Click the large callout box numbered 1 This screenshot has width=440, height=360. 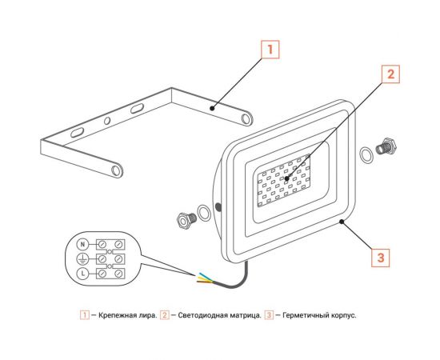pyautogui.click(x=270, y=50)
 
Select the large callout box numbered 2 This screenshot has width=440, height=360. pyautogui.click(x=390, y=74)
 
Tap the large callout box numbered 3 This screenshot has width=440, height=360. pyautogui.click(x=381, y=258)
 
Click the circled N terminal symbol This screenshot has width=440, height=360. pyautogui.click(x=82, y=244)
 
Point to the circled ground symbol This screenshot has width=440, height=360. pyautogui.click(x=82, y=259)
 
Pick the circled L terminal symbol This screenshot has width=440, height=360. pyautogui.click(x=82, y=274)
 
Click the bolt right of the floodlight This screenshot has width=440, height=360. pyautogui.click(x=386, y=146)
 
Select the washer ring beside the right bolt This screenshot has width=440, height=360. pyautogui.click(x=366, y=155)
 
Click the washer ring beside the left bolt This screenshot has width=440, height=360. pyautogui.click(x=204, y=213)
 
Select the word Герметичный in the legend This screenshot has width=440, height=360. pyautogui.click(x=304, y=315)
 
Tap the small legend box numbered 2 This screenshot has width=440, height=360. pyautogui.click(x=165, y=315)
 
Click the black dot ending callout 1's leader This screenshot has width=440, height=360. pyautogui.click(x=213, y=108)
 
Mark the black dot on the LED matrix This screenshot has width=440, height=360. pyautogui.click(x=286, y=178)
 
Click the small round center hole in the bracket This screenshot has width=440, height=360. pyautogui.click(x=107, y=121)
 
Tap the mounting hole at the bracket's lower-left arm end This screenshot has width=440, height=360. pyautogui.click(x=116, y=170)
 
